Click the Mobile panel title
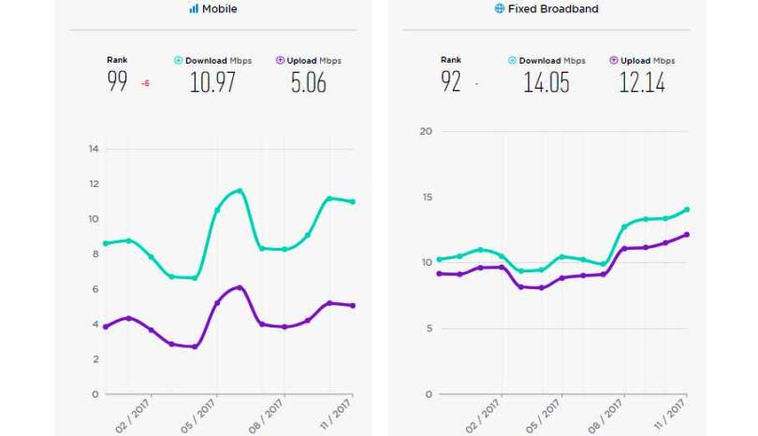click(220, 8)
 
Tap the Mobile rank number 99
click(118, 82)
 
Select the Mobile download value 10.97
click(212, 82)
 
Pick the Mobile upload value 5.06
click(309, 82)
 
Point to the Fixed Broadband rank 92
click(451, 82)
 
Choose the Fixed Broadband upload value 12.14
click(642, 82)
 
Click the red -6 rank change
click(146, 83)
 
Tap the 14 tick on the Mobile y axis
click(95, 149)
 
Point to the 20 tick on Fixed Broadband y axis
click(427, 131)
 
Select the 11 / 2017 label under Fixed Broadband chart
click(675, 413)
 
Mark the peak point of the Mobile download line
click(240, 191)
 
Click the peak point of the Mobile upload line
click(240, 287)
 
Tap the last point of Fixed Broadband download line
click(687, 210)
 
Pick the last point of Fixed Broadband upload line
click(687, 235)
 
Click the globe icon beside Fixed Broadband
click(500, 8)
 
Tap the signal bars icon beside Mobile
click(194, 8)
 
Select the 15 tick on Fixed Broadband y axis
click(427, 197)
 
